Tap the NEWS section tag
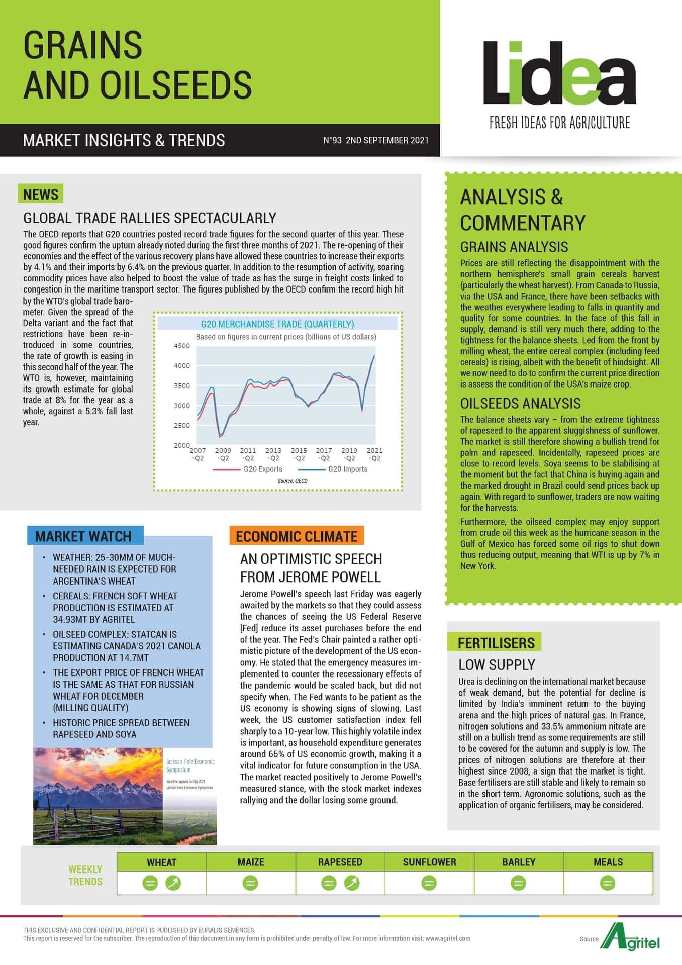(41, 194)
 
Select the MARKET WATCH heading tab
(83, 536)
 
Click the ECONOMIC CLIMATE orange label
(297, 536)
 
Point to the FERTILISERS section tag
(496, 643)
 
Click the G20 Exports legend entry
(262, 469)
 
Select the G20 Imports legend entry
(347, 469)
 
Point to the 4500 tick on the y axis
(182, 346)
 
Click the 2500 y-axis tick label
(182, 425)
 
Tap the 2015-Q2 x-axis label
(299, 454)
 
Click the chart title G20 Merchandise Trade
(277, 324)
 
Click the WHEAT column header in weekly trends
(161, 862)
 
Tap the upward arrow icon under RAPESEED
(352, 883)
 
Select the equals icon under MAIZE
(250, 883)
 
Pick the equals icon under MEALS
(608, 883)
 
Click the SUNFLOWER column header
(429, 862)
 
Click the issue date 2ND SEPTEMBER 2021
(387, 140)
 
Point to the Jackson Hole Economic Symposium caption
(190, 765)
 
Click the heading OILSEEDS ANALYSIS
(520, 403)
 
